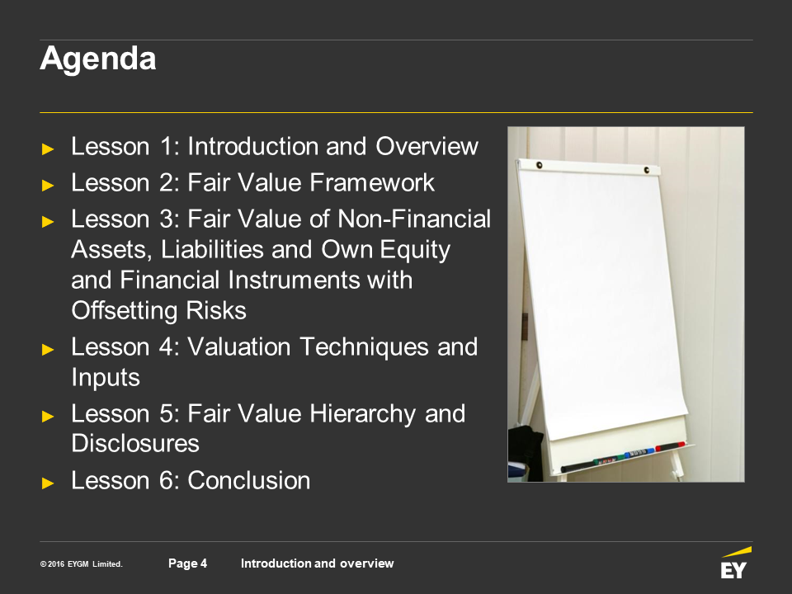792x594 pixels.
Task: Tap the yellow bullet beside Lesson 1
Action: click(48, 149)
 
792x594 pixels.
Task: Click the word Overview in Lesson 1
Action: click(427, 147)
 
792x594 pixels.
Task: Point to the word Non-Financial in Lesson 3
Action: click(414, 219)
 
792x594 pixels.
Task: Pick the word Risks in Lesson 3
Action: click(216, 310)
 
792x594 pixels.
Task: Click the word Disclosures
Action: click(135, 444)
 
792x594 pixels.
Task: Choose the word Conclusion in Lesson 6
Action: click(249, 480)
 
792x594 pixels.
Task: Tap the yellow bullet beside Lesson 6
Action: click(48, 483)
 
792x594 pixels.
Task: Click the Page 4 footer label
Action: click(187, 563)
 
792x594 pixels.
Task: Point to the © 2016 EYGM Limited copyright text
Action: click(82, 564)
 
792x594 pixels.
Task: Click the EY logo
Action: click(735, 563)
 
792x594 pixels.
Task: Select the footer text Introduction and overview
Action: click(317, 563)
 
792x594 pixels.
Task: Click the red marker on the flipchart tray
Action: click(670, 446)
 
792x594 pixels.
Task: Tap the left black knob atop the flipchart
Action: click(540, 165)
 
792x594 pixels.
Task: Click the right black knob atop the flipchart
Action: click(647, 170)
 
